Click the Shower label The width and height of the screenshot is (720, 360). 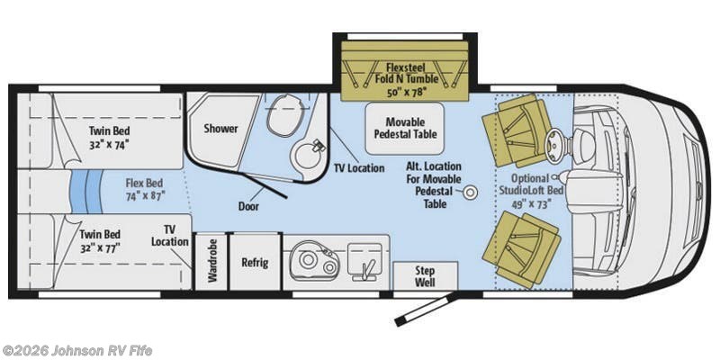click(220, 129)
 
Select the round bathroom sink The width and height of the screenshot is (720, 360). click(308, 155)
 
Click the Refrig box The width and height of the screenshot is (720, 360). click(255, 262)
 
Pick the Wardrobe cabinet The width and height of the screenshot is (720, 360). click(211, 262)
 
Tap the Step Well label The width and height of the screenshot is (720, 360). click(425, 276)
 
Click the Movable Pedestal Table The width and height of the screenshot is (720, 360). click(404, 129)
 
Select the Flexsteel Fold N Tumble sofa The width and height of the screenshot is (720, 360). click(404, 70)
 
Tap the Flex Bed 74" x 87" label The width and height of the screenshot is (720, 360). click(145, 189)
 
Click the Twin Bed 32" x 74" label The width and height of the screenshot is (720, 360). click(109, 138)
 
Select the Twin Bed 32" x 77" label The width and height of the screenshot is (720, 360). click(100, 241)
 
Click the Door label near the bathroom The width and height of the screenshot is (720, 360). click(248, 206)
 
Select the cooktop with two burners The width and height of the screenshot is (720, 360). click(315, 262)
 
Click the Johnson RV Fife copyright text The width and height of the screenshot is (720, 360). click(76, 351)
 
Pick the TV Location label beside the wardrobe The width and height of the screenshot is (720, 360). click(170, 236)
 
